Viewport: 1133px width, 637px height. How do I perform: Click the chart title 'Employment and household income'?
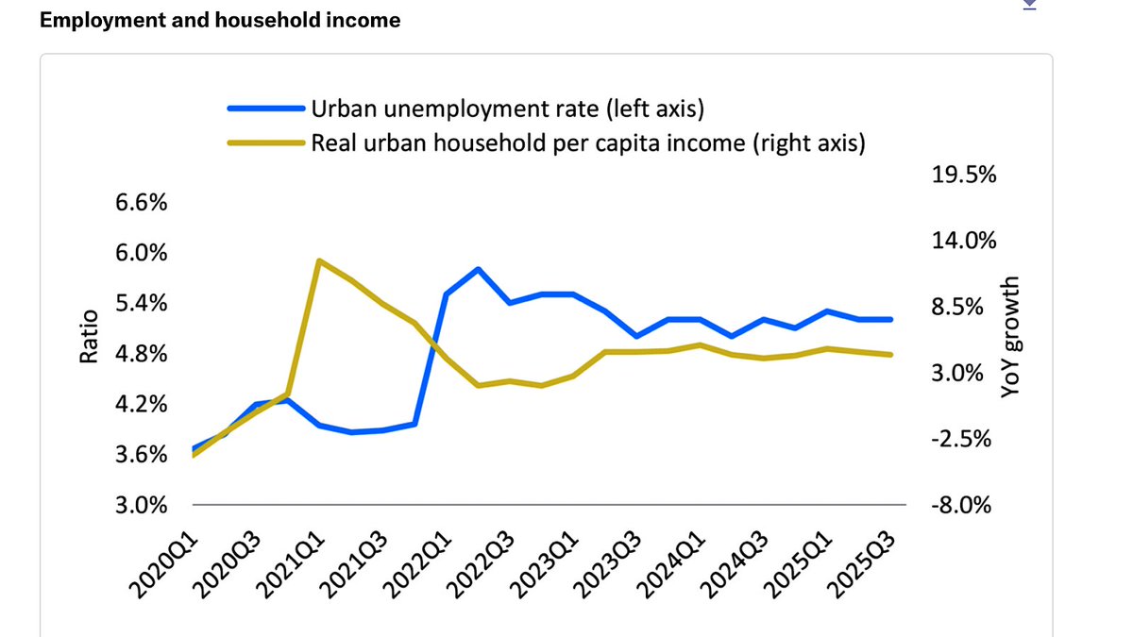(x=220, y=20)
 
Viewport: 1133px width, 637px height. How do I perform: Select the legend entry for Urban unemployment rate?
(x=508, y=109)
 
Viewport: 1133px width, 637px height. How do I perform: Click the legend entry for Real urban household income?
(x=588, y=143)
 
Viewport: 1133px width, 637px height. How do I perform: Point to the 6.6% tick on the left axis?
(x=143, y=203)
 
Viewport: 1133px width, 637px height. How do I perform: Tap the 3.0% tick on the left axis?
(x=143, y=505)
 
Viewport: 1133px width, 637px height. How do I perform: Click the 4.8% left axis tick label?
(x=143, y=354)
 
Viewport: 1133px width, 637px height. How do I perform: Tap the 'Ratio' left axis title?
(x=88, y=337)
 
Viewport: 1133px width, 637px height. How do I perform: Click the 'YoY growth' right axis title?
(x=1010, y=337)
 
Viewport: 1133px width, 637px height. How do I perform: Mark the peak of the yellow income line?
(x=319, y=260)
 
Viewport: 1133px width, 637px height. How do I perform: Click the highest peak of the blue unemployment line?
(x=478, y=269)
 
